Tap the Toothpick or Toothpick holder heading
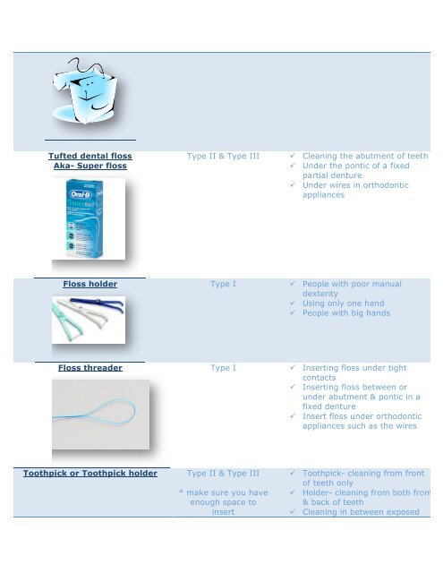[x=90, y=472]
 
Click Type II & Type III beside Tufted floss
[x=223, y=155]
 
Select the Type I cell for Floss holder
[x=223, y=284]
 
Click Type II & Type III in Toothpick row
[x=223, y=472]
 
